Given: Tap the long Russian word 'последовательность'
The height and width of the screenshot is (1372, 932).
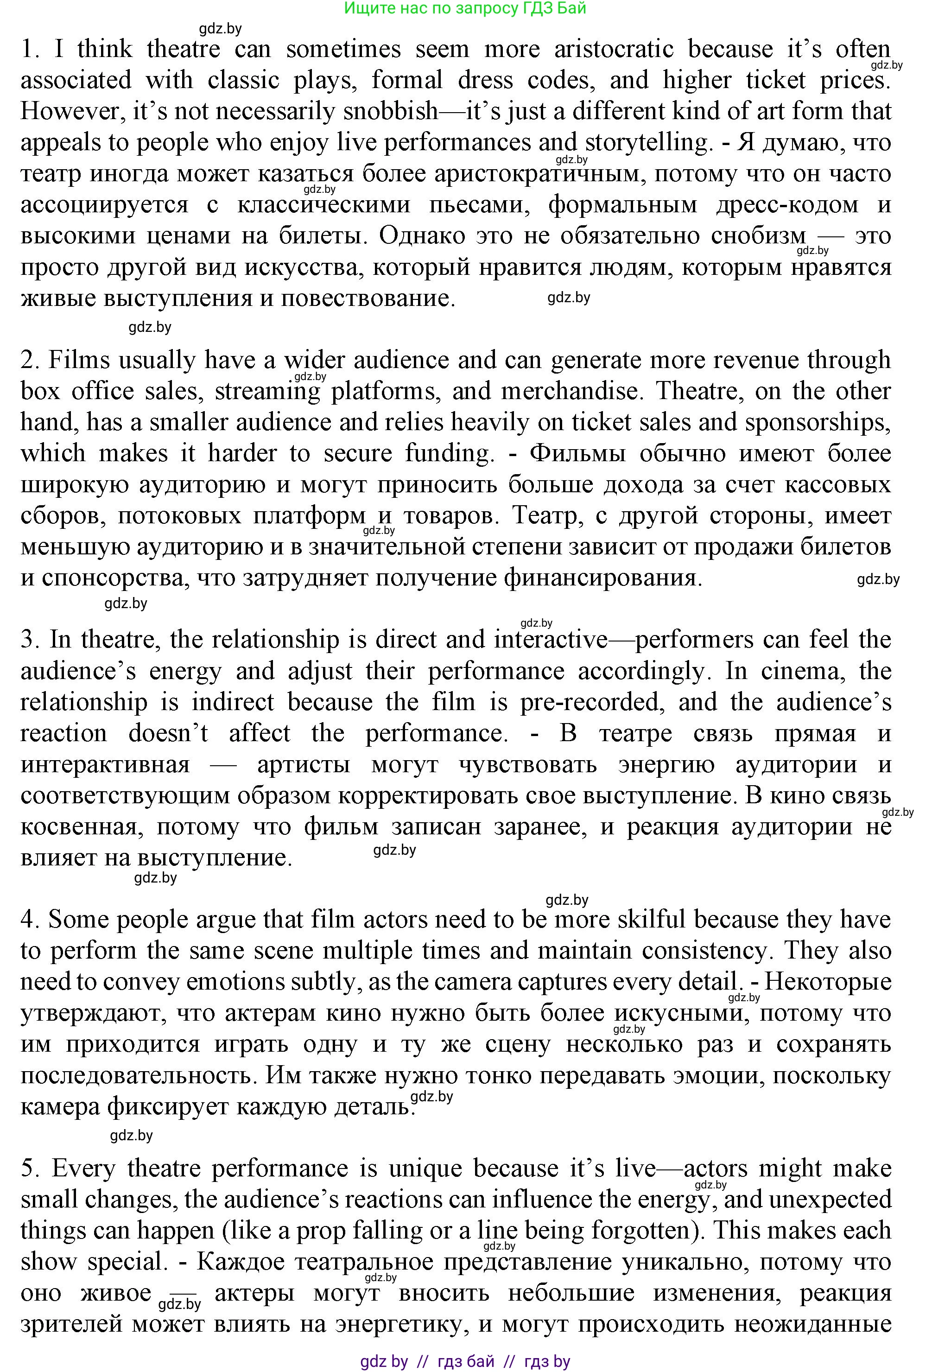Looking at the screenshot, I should point(136,1076).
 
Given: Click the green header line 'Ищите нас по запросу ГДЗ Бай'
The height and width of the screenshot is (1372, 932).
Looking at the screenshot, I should point(465,8).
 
